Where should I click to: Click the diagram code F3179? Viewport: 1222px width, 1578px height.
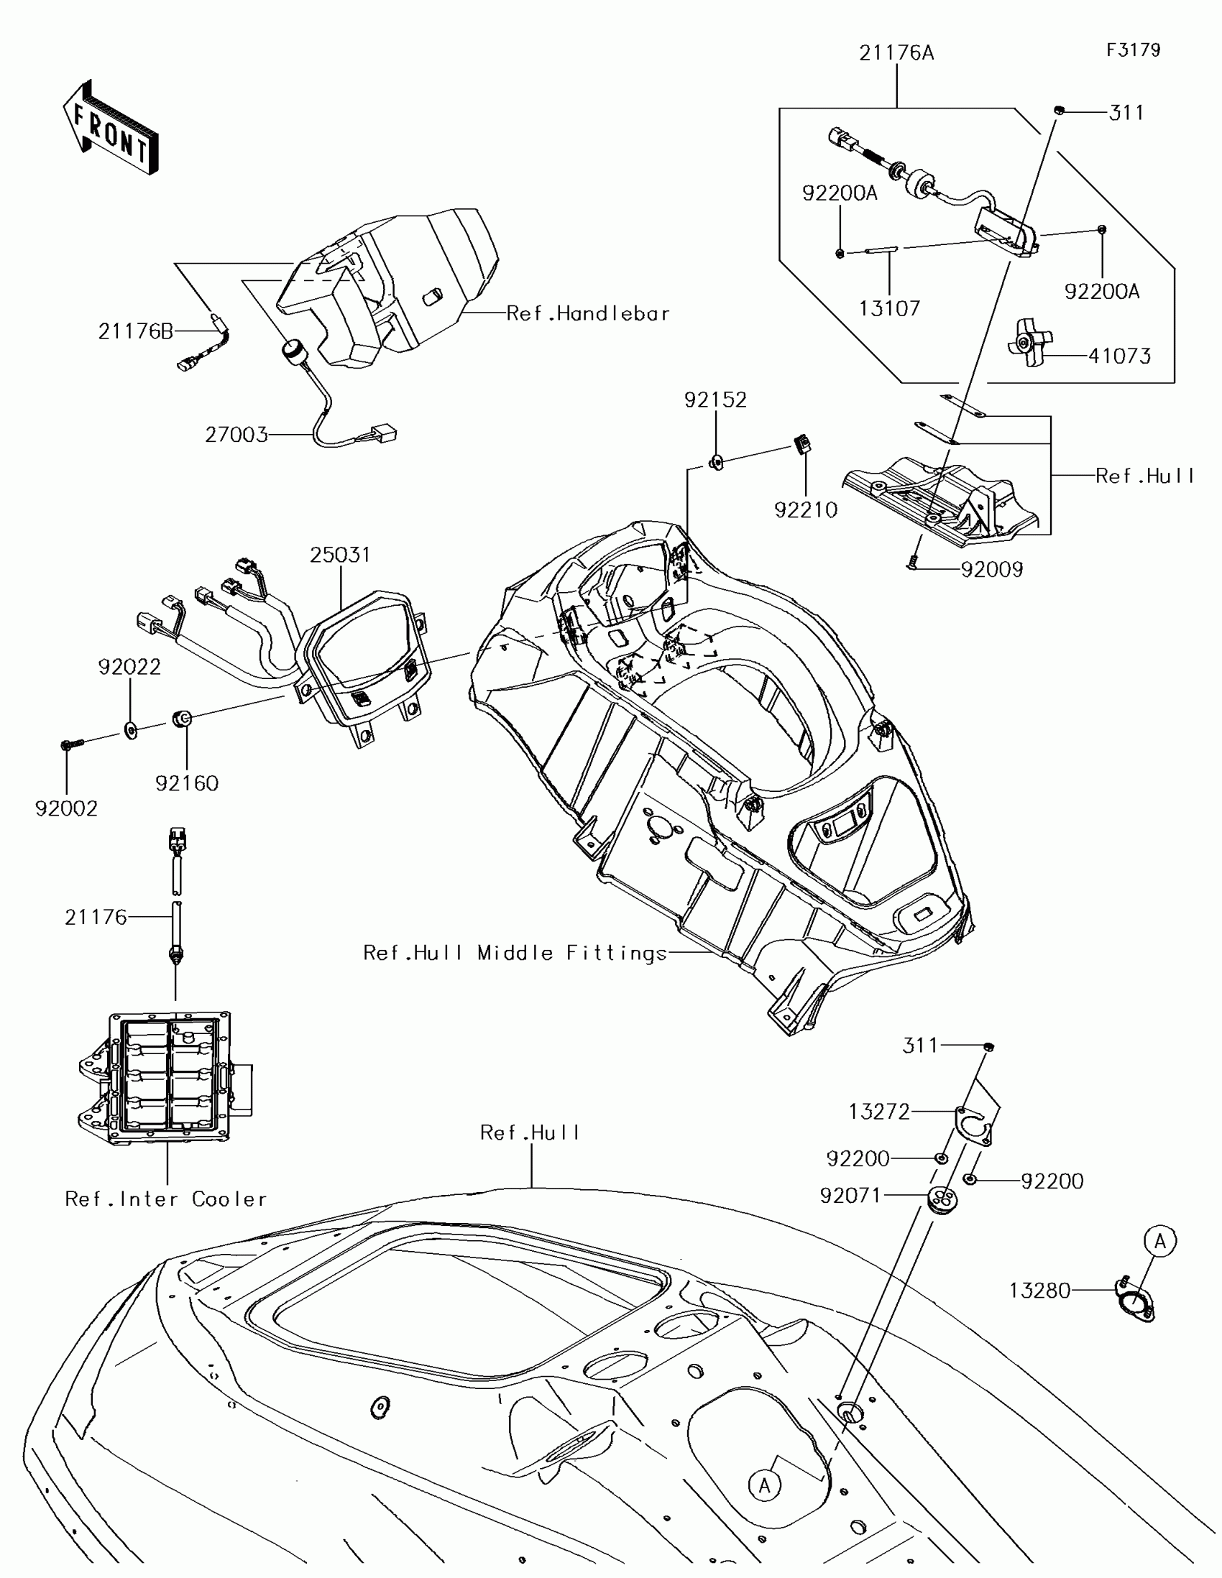click(1133, 50)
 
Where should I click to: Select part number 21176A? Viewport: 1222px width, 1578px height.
click(896, 53)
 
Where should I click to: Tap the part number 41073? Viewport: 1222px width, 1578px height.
click(1119, 356)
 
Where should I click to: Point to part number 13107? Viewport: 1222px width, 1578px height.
click(889, 308)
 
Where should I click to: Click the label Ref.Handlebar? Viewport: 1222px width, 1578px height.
click(587, 313)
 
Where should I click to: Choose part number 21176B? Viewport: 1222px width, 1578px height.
click(136, 331)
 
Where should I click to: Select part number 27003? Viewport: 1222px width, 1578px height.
click(236, 435)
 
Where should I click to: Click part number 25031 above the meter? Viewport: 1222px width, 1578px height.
click(340, 555)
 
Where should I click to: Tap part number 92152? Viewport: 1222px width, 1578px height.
click(715, 400)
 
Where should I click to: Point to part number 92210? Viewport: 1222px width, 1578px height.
click(806, 510)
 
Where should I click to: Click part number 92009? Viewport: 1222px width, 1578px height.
click(991, 570)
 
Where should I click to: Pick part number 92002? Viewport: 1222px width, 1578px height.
click(66, 808)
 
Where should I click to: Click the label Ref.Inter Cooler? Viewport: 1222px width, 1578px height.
click(166, 1199)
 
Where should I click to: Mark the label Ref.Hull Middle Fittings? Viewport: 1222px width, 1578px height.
click(515, 953)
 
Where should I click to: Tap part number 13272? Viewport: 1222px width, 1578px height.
click(878, 1111)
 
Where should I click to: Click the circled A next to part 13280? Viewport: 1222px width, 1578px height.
click(1160, 1241)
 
